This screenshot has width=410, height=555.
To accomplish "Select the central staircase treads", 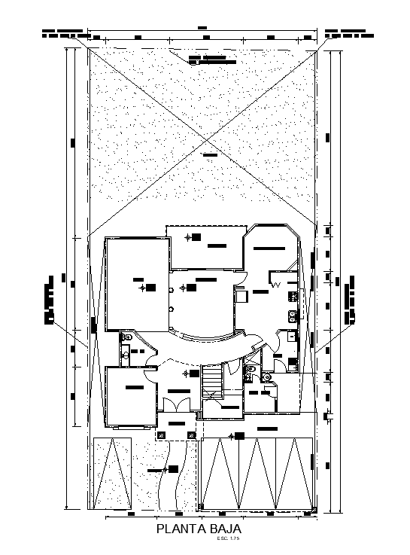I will (x=214, y=380).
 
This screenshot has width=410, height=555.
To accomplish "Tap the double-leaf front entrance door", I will (x=176, y=404).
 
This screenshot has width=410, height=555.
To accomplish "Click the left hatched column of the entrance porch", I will (x=159, y=435).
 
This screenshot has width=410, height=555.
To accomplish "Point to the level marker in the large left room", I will (x=141, y=287).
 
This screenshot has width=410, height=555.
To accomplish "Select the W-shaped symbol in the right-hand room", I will (x=276, y=285).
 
